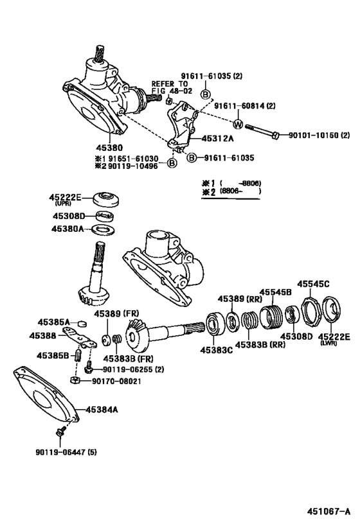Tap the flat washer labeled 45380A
103,229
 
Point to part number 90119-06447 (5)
62,453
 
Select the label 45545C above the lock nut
313,283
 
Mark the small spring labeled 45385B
76,354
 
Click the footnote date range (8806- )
240,191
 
